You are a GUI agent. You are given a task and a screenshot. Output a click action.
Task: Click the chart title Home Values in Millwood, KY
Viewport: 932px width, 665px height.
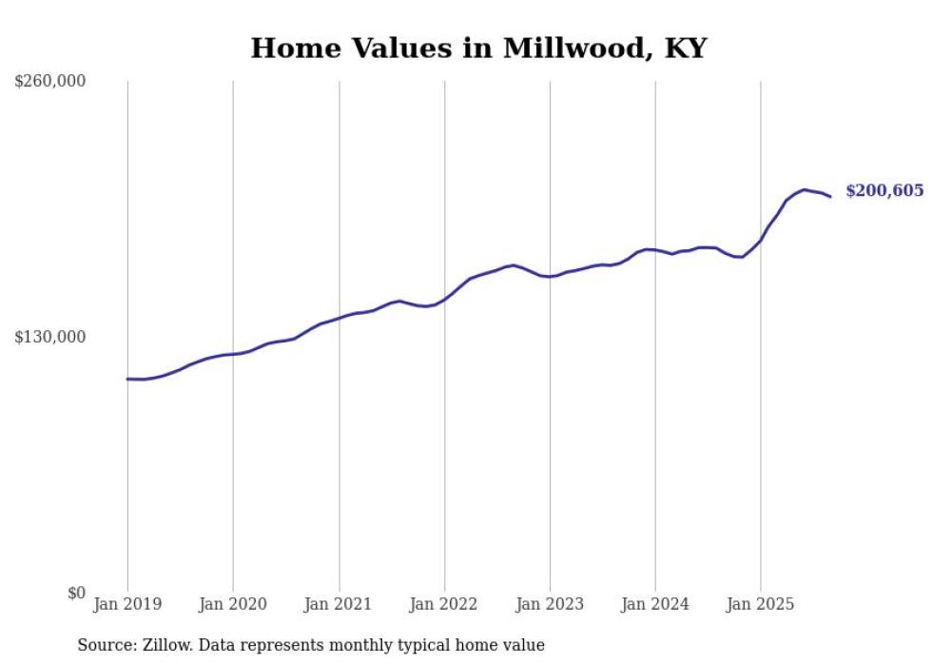coord(478,49)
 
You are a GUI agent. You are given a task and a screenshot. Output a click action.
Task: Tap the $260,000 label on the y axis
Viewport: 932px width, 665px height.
coord(50,82)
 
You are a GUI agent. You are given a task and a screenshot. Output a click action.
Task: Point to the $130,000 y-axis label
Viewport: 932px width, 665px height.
coord(50,338)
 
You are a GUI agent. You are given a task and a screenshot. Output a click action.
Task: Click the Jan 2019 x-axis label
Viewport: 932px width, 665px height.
coord(127,604)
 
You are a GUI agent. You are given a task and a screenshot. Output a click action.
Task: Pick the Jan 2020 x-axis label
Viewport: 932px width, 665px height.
coord(233,604)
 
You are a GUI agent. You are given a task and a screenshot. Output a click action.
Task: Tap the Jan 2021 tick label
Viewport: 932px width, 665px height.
coord(339,604)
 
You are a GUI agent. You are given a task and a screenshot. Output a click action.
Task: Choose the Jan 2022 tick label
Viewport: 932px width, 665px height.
coord(444,604)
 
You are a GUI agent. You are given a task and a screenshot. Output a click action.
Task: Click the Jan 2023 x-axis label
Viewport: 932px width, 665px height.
coord(550,604)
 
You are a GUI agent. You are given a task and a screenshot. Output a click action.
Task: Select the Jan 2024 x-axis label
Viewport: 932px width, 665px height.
coord(655,604)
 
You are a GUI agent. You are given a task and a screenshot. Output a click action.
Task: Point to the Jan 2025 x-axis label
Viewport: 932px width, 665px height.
coord(761,604)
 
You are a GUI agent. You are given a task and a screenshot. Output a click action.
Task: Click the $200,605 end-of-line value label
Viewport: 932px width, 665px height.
coord(883,191)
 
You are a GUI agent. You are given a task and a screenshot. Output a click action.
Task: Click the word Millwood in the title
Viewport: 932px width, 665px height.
coord(565,49)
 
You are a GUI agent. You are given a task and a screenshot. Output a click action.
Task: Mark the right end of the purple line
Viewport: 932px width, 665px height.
coord(830,197)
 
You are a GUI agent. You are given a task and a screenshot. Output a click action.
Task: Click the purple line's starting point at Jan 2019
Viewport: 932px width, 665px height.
coord(127,379)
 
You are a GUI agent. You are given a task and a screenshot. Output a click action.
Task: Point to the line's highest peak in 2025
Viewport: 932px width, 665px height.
coord(804,190)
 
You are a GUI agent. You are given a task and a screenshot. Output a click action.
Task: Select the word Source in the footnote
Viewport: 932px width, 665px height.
coord(106,646)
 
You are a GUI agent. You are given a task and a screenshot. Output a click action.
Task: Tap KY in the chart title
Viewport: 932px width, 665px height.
coord(685,49)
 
